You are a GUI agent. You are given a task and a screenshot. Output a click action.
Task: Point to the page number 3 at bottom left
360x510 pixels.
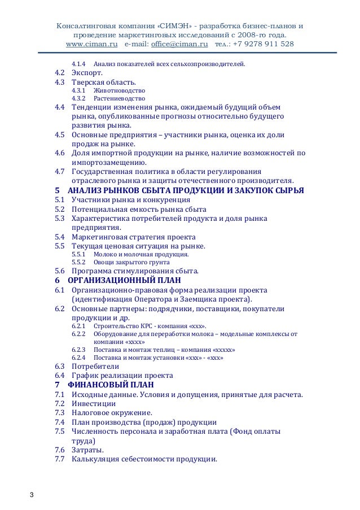pyautogui.click(x=32, y=495)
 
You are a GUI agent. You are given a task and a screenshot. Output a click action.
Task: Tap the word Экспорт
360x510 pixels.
pyautogui.click(x=87, y=73)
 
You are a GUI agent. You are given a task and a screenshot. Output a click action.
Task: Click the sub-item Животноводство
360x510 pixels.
pyautogui.click(x=119, y=90)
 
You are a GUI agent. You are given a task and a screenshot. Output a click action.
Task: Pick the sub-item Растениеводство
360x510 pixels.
pyautogui.click(x=120, y=99)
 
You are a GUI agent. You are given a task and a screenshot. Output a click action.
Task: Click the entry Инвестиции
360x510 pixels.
pyautogui.click(x=94, y=403)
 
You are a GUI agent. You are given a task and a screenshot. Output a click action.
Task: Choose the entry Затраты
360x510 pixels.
pyautogui.click(x=87, y=450)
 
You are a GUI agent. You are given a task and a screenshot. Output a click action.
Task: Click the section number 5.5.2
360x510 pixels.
pyautogui.click(x=78, y=262)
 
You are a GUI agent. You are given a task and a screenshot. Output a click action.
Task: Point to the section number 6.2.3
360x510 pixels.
pyautogui.click(x=78, y=350)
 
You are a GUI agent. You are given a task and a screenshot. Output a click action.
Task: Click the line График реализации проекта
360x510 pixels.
pyautogui.click(x=122, y=375)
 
